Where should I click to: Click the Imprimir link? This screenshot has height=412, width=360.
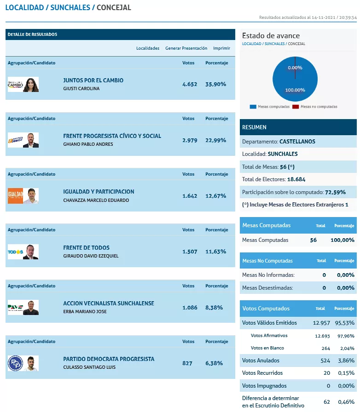tap(221, 48)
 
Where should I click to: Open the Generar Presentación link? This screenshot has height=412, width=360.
tap(186, 48)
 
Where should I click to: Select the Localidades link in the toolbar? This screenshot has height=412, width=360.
tap(148, 48)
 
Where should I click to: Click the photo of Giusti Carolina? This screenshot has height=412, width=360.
tap(31, 85)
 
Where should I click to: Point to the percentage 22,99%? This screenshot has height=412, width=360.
tap(215, 140)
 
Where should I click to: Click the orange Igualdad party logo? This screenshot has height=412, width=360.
tap(15, 196)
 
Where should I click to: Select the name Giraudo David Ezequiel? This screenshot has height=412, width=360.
tap(91, 256)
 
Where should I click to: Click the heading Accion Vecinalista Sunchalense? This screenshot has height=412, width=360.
tap(109, 303)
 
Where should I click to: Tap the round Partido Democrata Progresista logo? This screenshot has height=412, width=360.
tap(15, 363)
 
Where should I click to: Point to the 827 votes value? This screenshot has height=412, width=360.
tap(187, 363)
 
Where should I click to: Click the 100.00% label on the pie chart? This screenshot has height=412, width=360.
tap(295, 90)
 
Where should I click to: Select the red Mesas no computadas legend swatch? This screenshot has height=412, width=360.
tap(297, 107)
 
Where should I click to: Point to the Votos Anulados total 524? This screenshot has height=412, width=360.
tap(325, 360)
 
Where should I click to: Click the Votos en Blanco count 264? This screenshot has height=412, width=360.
tap(325, 348)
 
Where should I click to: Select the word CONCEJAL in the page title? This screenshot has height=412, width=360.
tap(114, 8)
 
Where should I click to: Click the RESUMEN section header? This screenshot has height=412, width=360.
tap(254, 127)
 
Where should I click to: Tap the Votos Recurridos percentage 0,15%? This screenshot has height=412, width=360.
tap(345, 373)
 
